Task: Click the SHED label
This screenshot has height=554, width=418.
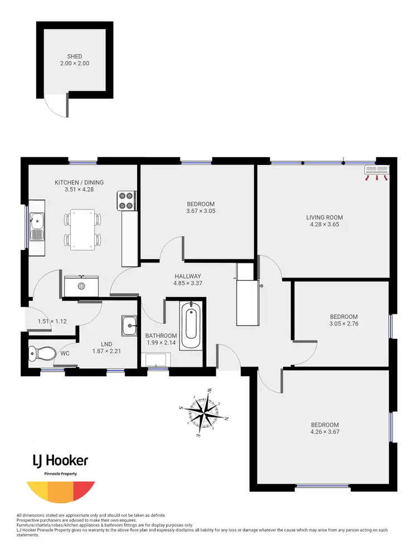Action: click(x=75, y=56)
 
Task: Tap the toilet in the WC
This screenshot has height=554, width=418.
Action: click(x=41, y=352)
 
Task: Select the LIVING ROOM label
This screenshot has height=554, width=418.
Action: click(x=324, y=217)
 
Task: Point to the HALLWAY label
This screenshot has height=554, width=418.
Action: click(x=187, y=276)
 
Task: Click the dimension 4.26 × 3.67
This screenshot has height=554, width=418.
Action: click(x=325, y=431)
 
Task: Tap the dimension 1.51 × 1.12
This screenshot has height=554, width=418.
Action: click(x=52, y=321)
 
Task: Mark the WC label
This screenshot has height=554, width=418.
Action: click(x=65, y=353)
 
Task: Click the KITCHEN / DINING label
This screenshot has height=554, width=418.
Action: click(x=79, y=182)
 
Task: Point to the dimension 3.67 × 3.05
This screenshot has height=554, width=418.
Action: click(x=201, y=211)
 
